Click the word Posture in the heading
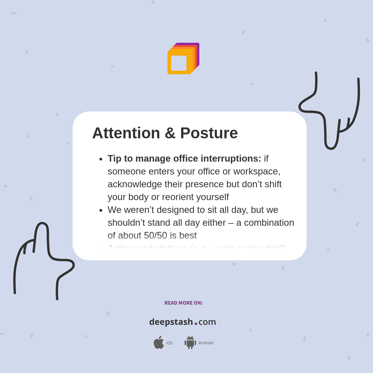tap(209, 133)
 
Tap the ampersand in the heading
tap(170, 133)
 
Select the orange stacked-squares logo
tap(183, 59)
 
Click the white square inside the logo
tap(179, 63)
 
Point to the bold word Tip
tap(115, 159)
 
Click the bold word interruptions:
tap(231, 159)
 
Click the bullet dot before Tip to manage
tap(101, 159)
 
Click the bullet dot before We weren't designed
tap(101, 210)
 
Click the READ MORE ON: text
tap(183, 303)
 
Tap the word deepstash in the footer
tap(171, 322)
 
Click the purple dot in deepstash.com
tap(196, 324)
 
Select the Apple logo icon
tap(159, 342)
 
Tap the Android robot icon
tap(190, 342)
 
